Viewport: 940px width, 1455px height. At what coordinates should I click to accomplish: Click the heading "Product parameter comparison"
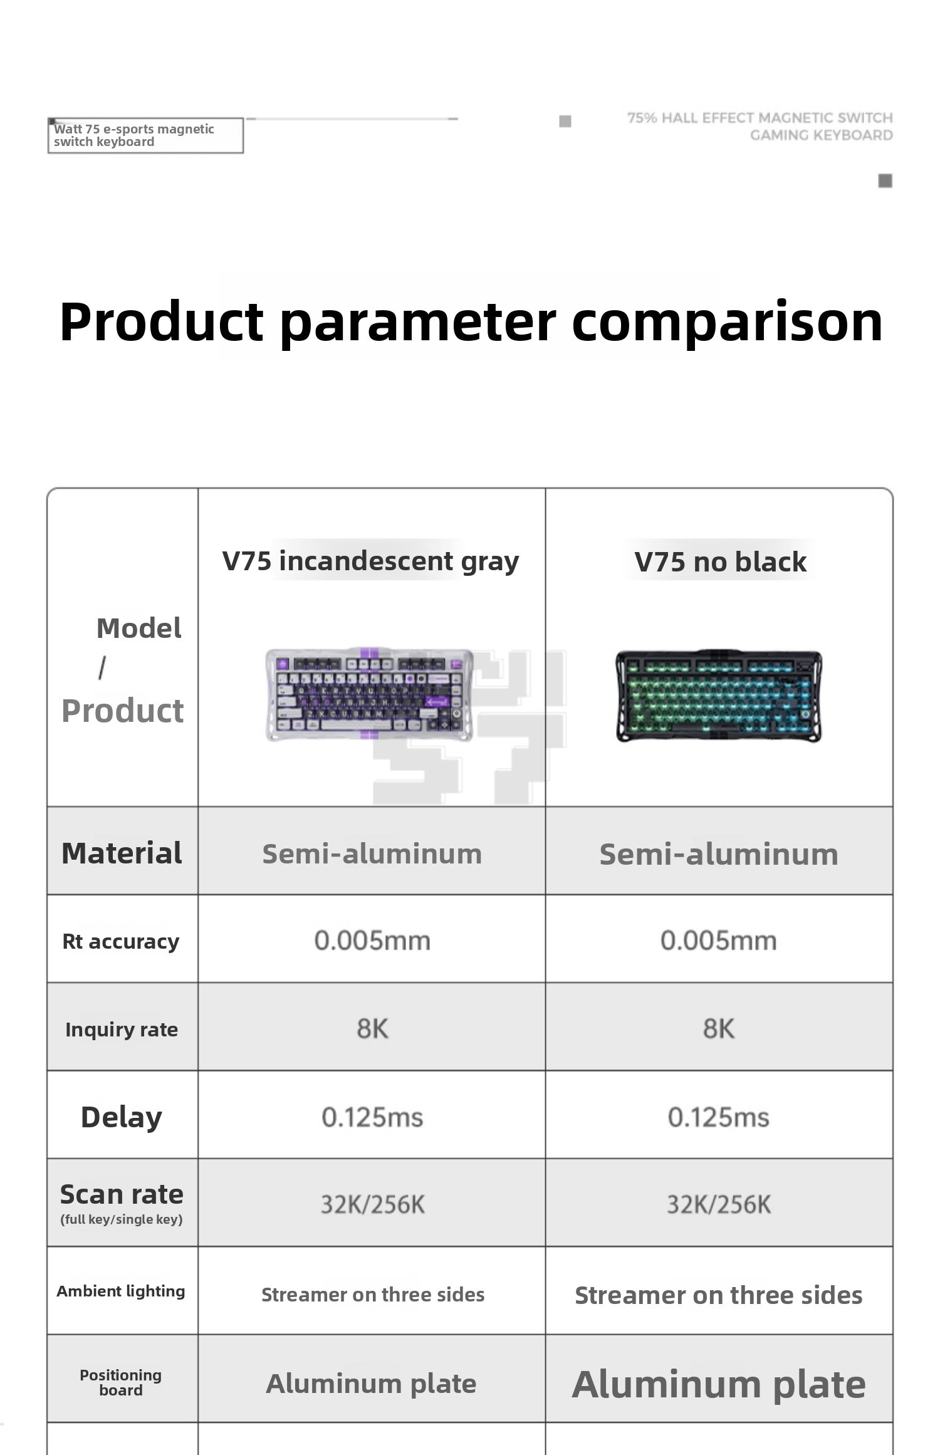(471, 323)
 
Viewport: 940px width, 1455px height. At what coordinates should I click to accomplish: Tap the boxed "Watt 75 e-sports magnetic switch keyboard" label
(145, 135)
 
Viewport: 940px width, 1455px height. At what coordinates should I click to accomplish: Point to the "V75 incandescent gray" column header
(370, 561)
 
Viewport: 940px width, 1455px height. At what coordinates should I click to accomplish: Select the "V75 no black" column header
(720, 562)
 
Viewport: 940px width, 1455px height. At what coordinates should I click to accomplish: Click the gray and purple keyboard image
(370, 694)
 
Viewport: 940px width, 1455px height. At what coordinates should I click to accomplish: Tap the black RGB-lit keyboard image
(719, 696)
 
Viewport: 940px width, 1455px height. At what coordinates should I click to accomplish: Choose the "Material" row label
(122, 853)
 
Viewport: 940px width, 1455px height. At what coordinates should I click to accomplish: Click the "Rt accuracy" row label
(121, 941)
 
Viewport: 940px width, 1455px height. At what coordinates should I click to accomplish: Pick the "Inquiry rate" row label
(122, 1030)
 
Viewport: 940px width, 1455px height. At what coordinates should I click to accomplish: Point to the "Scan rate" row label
(122, 1194)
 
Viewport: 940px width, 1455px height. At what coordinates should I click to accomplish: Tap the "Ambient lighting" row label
(121, 1291)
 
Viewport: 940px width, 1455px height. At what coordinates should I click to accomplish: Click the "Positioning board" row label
(121, 1382)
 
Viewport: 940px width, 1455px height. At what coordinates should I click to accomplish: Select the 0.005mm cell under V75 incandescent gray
(372, 941)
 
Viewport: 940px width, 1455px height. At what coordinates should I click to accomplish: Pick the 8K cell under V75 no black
(718, 1029)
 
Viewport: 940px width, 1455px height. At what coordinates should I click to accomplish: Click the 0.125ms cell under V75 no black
(718, 1117)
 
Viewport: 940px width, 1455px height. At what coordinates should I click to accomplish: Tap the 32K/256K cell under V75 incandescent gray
(373, 1204)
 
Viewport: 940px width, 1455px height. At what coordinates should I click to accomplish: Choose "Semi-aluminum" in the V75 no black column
(719, 854)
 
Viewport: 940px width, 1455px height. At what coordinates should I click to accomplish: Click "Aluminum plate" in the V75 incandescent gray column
(371, 1384)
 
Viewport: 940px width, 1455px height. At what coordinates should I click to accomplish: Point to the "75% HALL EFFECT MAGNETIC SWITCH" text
(760, 118)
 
